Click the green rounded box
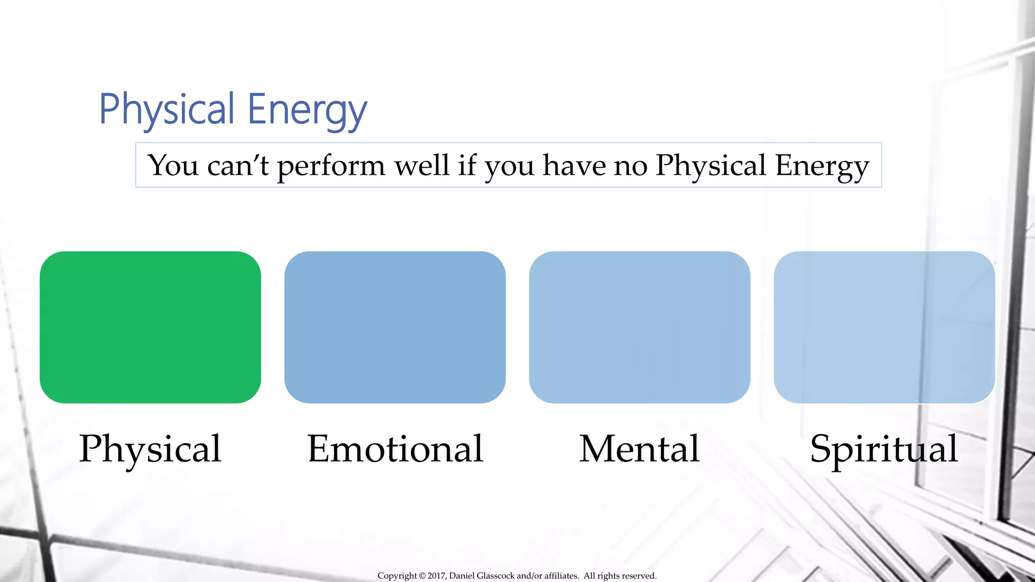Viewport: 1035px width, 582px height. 150,327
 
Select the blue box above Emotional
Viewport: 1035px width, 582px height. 395,327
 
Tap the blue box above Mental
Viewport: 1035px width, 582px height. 639,327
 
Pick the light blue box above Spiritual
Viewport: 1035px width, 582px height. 884,327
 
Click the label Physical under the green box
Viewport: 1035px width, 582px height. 150,449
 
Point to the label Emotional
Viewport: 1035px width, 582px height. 395,449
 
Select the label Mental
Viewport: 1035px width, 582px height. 639,449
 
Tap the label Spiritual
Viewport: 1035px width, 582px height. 884,449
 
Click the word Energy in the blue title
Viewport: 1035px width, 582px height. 307,110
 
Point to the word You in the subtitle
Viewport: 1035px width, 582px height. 173,166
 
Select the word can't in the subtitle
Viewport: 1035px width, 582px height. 238,166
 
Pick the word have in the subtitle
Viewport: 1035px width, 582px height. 574,165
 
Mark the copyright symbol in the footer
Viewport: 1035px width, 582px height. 422,576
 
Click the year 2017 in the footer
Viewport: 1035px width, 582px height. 436,576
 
